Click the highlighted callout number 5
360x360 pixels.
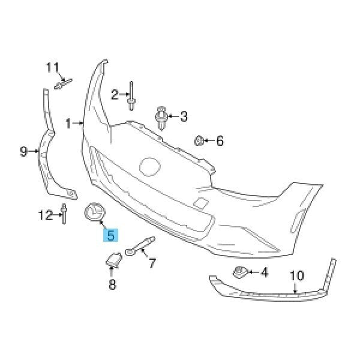tap(110, 235)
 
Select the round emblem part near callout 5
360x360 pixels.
tap(94, 212)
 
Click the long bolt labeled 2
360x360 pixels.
tap(131, 96)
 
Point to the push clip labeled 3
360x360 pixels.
tap(161, 118)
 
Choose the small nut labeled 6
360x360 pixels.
tap(199, 140)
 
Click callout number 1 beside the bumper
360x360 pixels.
tap(68, 123)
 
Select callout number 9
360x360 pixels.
tap(23, 151)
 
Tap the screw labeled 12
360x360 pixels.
tap(64, 214)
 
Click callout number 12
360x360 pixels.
tap(45, 215)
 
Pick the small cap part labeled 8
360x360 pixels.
tap(113, 260)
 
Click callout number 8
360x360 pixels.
tap(112, 284)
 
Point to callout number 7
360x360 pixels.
tap(152, 263)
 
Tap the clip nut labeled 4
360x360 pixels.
tap(240, 272)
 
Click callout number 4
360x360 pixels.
tap(264, 272)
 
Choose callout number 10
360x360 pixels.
tap(297, 276)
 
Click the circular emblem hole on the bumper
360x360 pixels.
tap(149, 167)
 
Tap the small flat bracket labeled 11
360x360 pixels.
tap(64, 83)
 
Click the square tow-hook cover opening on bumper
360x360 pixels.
tap(201, 203)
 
